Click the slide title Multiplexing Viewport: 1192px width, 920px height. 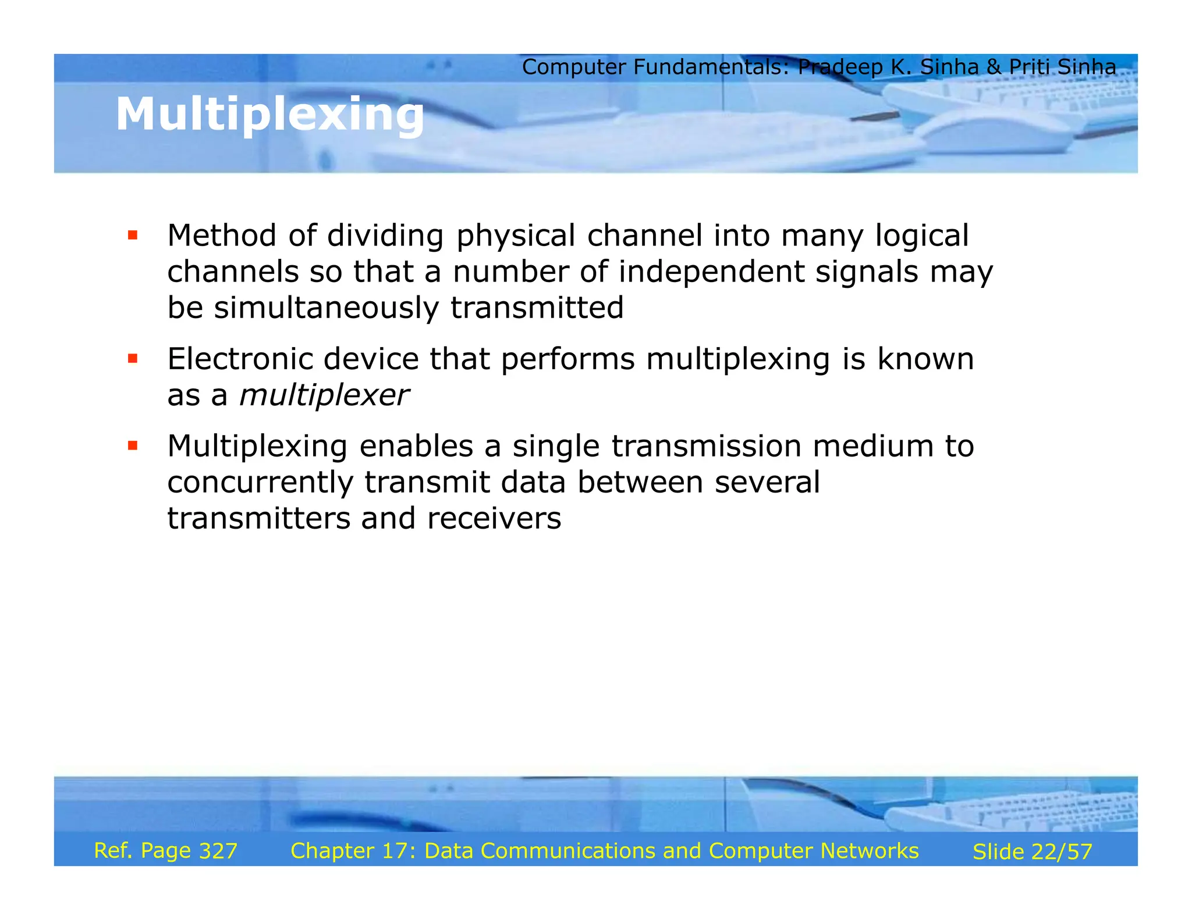(x=269, y=115)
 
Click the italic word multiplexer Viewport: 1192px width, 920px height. (x=324, y=395)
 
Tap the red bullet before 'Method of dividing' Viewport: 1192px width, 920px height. (x=133, y=236)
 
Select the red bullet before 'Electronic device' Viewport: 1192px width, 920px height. (x=133, y=359)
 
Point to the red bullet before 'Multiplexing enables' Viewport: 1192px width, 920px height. (x=133, y=446)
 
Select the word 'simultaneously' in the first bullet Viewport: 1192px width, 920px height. (x=327, y=308)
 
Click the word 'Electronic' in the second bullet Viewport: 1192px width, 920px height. (x=240, y=359)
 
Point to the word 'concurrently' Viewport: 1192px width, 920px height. (x=260, y=483)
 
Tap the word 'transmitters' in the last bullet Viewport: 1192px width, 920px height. (x=258, y=519)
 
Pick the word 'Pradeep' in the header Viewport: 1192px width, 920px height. (x=840, y=67)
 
